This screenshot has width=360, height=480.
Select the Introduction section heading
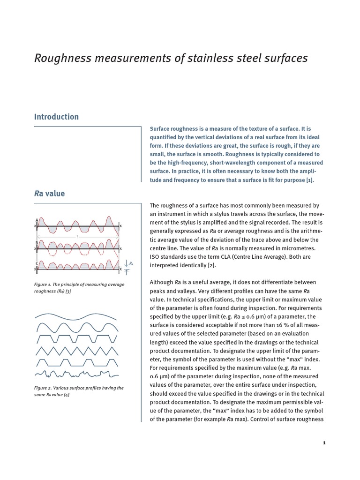pyautogui.click(x=56, y=117)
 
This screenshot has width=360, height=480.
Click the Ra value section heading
pyautogui.click(x=49, y=193)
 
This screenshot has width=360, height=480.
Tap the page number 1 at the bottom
pyautogui.click(x=323, y=442)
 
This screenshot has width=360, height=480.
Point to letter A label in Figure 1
pyautogui.click(x=37, y=219)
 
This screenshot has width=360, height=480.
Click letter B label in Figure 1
pyautogui.click(x=37, y=242)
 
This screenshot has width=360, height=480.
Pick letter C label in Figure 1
pyautogui.click(x=37, y=263)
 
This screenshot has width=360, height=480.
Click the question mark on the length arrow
pyautogui.click(x=77, y=237)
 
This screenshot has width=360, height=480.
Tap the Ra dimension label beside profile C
pyautogui.click(x=131, y=264)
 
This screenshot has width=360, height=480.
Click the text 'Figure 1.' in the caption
pyautogui.click(x=44, y=285)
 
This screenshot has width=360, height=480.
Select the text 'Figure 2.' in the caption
pyautogui.click(x=44, y=388)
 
